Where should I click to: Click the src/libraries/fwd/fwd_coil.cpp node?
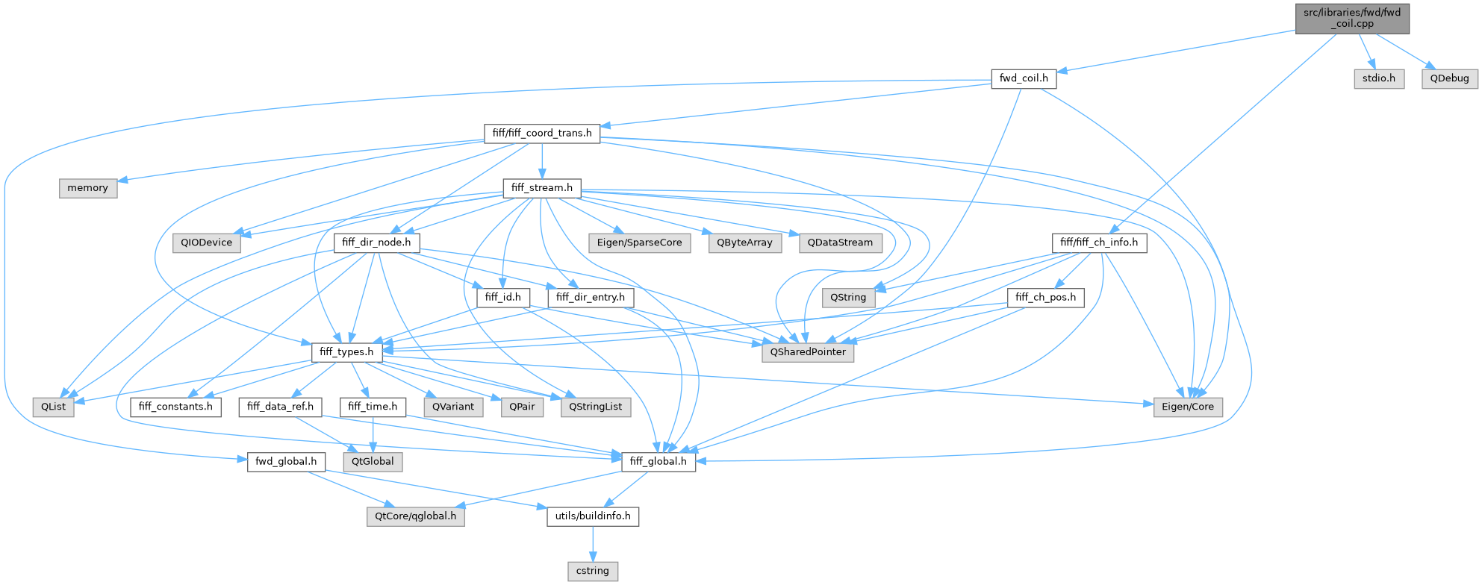1352,18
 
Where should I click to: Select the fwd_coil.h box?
1024,78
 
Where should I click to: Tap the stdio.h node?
1378,78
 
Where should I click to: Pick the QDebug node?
1449,78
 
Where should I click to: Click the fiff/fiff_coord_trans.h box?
542,134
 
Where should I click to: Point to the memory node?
88,188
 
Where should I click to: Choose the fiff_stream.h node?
542,188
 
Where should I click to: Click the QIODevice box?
207,243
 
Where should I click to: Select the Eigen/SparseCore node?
639,243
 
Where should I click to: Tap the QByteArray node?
744,243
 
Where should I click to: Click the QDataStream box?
840,243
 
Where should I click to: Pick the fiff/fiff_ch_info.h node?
1099,243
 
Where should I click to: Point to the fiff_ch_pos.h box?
1045,298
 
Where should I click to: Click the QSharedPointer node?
808,352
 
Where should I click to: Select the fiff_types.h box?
346,352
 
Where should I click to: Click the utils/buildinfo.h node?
593,516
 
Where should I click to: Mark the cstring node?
593,571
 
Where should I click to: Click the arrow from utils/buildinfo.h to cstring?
593,543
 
